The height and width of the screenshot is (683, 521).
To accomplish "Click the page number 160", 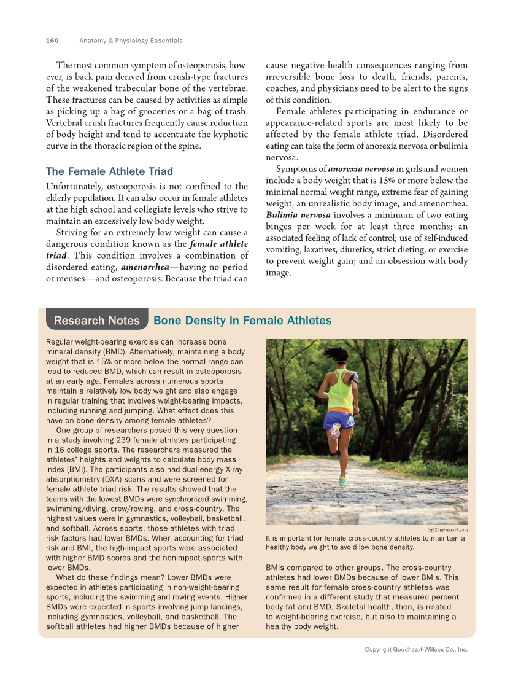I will click(x=52, y=41).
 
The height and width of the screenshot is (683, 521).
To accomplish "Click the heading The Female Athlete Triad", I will click(x=109, y=171).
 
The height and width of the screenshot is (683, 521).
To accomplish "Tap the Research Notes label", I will click(x=97, y=321).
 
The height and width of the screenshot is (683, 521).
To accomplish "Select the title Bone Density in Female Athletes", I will click(x=242, y=321).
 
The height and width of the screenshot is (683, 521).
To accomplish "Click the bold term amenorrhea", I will click(x=145, y=267).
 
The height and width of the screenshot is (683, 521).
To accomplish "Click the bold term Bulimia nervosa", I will click(x=298, y=215).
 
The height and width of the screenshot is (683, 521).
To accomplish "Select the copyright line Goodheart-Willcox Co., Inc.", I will click(x=416, y=649).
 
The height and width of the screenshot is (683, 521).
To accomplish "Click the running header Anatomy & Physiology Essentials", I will click(x=131, y=41).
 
